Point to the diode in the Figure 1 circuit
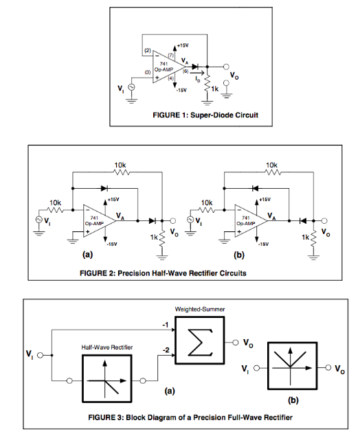(x=195, y=67)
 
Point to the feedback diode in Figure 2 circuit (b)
(x=256, y=186)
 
